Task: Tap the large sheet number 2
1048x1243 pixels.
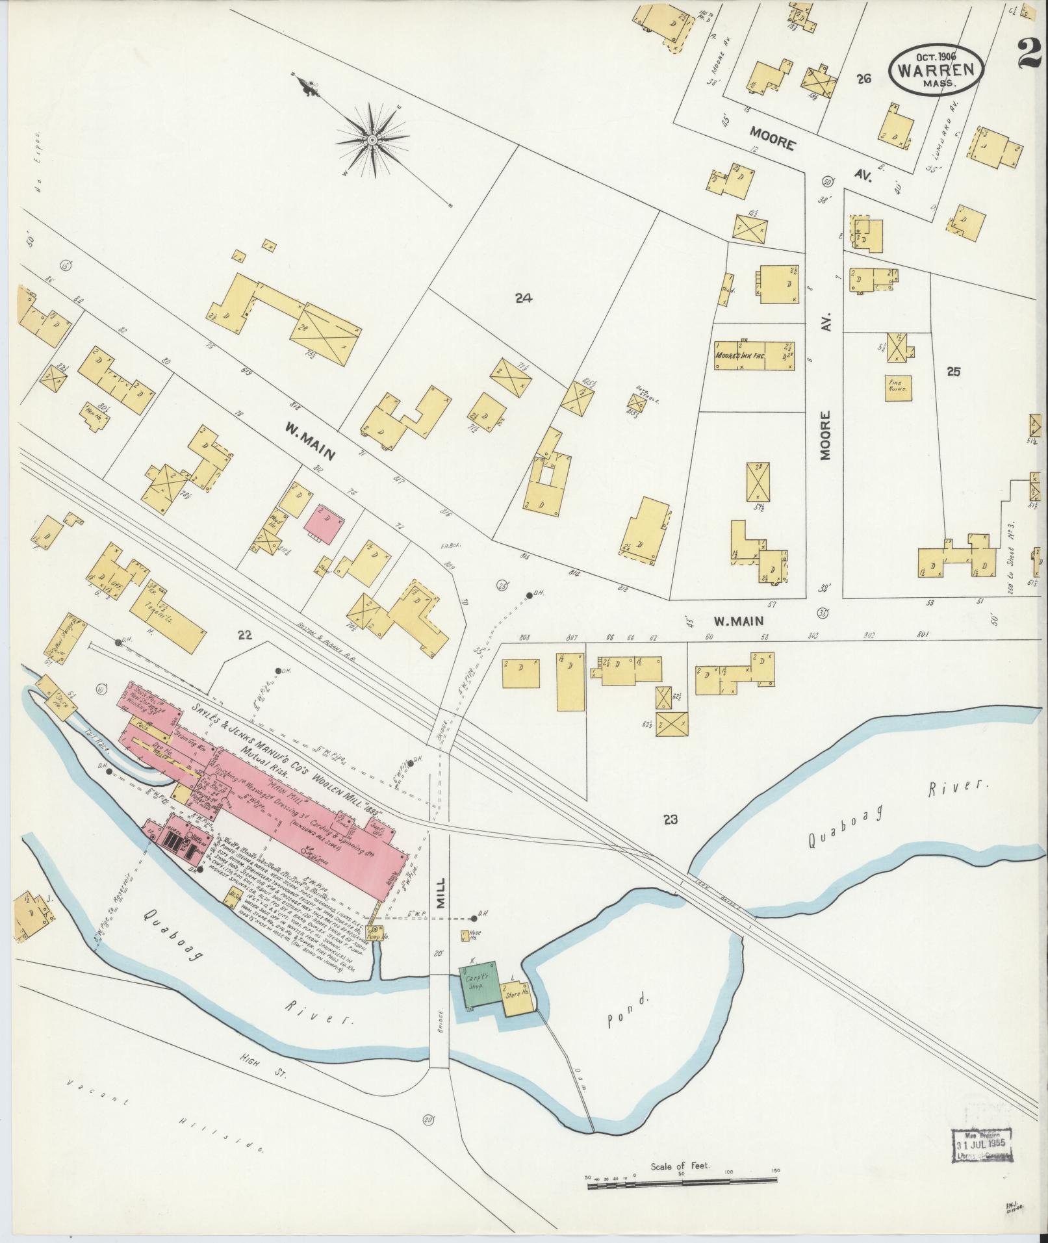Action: [x=1030, y=52]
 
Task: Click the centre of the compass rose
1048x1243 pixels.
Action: [x=372, y=140]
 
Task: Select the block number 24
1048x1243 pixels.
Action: [x=523, y=298]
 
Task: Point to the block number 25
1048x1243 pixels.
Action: [x=953, y=372]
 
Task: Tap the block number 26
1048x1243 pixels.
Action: [x=863, y=79]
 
